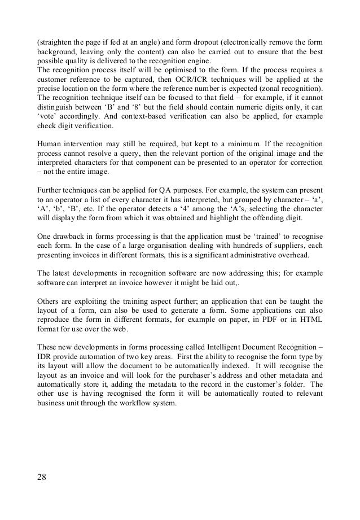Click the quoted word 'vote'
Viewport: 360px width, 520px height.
point(46,119)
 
